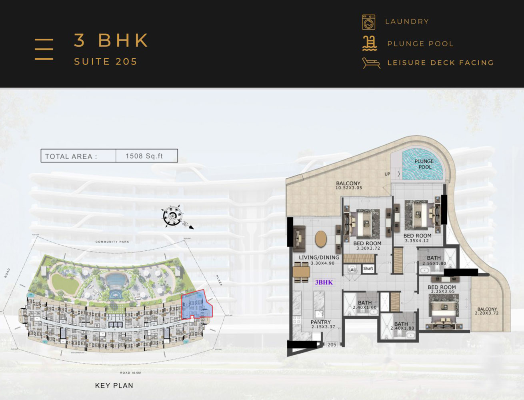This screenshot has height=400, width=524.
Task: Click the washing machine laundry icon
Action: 368,22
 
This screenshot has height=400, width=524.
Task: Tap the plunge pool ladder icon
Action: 370,43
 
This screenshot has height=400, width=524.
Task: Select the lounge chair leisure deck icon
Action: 371,63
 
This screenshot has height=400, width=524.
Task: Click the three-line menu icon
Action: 44,49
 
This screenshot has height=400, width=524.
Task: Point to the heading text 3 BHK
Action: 111,40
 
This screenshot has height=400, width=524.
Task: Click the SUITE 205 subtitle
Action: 106,62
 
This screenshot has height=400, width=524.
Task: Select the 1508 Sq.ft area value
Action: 144,156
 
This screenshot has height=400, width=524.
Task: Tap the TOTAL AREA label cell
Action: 71,156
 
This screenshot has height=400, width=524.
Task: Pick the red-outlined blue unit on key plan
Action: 196,305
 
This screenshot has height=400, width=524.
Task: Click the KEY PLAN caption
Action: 114,386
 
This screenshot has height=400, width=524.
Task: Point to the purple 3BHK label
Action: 324,282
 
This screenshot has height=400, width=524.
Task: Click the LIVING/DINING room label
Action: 319,258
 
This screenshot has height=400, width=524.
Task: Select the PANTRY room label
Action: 321,322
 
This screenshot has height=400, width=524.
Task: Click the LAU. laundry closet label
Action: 352,270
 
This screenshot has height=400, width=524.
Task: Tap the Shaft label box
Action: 368,269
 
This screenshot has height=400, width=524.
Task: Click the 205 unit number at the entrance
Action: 332,344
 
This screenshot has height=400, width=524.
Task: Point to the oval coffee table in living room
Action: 321,239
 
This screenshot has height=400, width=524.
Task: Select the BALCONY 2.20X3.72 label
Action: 487,311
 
